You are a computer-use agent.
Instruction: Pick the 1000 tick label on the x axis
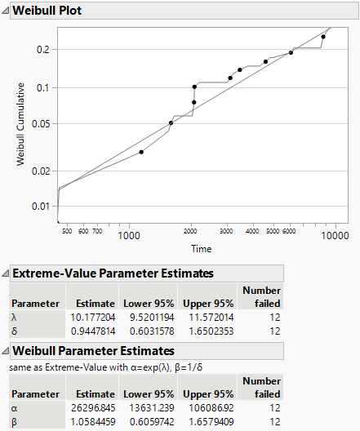(x=128, y=236)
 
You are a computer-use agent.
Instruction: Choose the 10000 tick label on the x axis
(x=334, y=236)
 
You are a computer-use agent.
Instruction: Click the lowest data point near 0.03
(x=141, y=152)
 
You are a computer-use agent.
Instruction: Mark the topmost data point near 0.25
(x=323, y=37)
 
